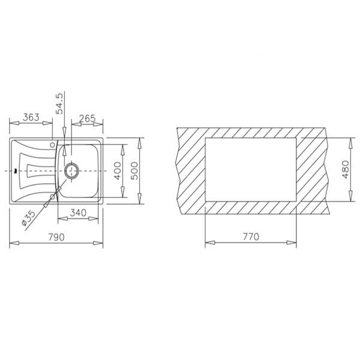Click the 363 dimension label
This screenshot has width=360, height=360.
tap(31, 117)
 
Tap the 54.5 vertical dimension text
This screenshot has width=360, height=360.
tap(59, 103)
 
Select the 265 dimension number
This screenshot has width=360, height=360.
tap(87, 118)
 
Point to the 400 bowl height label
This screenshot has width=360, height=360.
tap(118, 170)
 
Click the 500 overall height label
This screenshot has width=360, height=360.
tap(134, 170)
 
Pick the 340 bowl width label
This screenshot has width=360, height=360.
tap(78, 213)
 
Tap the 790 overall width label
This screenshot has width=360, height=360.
tap(56, 237)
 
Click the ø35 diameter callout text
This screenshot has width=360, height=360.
tap(28, 218)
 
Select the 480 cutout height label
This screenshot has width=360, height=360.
tap(346, 169)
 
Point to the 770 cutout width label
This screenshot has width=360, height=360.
tap(251, 236)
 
